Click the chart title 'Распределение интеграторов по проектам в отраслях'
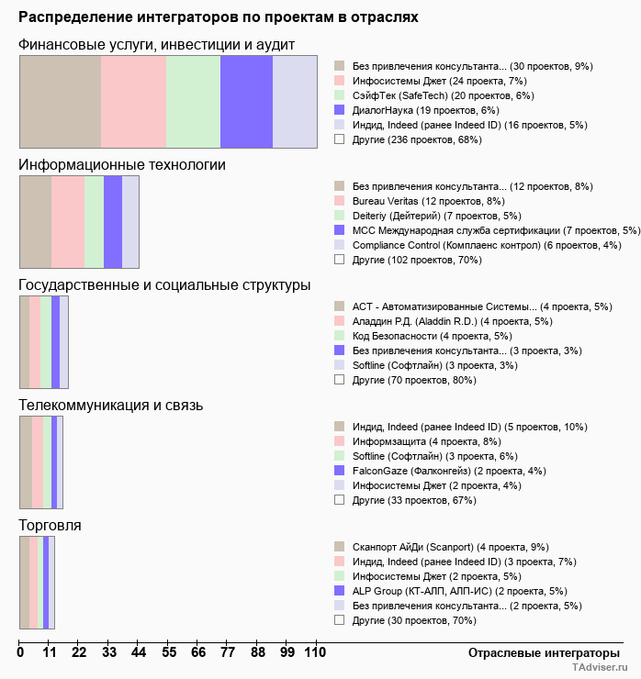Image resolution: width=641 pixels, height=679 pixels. [219, 17]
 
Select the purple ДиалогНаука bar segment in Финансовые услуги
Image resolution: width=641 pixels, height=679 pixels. [246, 101]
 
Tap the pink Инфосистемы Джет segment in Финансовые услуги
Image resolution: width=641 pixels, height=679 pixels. [133, 101]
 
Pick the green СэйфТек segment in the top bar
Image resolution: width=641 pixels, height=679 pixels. [193, 101]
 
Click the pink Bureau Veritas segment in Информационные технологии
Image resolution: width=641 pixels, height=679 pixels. [68, 221]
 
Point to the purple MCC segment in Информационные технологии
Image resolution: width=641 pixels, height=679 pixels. [113, 221]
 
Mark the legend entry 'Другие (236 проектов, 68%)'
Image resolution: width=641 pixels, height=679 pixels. [416, 139]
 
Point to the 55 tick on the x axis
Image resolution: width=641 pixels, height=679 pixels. [168, 652]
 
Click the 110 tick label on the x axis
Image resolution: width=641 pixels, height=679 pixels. [315, 652]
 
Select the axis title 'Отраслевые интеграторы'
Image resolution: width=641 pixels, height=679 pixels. [538, 652]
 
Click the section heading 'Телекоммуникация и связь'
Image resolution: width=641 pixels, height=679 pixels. [110, 405]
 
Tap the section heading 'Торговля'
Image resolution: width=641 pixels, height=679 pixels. [50, 525]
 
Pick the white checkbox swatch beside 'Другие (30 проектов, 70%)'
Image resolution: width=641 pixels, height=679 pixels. [339, 620]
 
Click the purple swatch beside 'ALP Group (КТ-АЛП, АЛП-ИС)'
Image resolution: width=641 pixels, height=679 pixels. [339, 591]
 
